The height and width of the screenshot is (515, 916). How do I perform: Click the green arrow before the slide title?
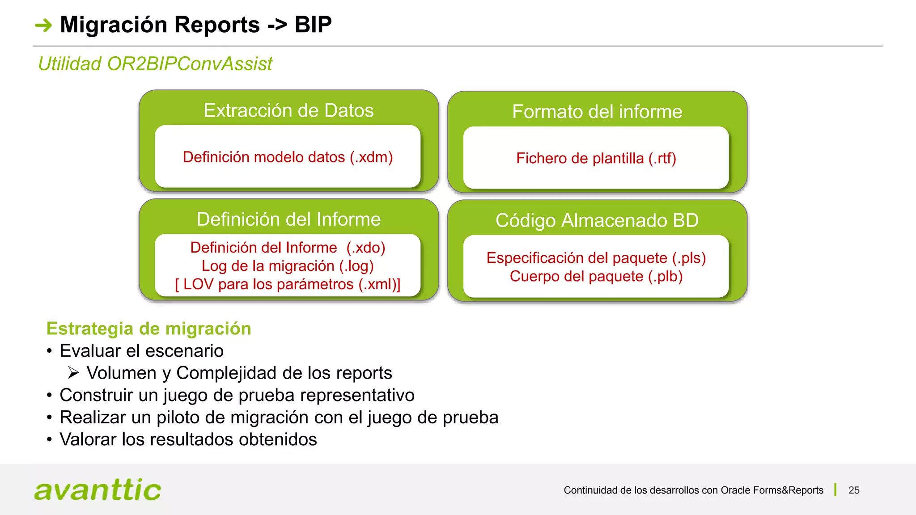[43, 25]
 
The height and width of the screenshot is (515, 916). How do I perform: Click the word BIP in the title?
[313, 25]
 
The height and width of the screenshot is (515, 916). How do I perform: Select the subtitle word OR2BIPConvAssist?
[190, 64]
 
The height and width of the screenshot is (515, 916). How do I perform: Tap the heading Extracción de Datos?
[288, 110]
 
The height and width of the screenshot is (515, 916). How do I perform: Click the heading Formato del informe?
[597, 112]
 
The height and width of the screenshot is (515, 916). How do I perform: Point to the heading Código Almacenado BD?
[597, 220]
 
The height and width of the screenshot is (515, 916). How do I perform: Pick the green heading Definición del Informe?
[288, 220]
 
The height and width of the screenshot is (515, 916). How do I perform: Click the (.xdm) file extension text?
[371, 157]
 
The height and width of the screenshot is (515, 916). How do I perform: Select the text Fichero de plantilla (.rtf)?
[596, 158]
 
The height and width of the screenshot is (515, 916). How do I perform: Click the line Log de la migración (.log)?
[288, 266]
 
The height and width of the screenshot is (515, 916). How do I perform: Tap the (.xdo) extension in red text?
[366, 248]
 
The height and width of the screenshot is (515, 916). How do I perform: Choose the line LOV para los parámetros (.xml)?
[288, 284]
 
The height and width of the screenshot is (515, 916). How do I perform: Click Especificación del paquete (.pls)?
[596, 258]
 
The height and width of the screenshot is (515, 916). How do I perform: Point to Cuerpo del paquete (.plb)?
[596, 276]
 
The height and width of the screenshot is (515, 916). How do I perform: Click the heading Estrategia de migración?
[148, 329]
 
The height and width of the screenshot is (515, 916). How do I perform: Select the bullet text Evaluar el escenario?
[141, 351]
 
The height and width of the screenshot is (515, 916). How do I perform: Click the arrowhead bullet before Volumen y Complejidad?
[73, 372]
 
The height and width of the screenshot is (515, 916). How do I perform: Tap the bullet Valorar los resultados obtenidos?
[188, 439]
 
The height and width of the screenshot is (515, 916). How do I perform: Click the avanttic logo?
[98, 490]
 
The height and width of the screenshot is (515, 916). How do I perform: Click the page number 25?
[853, 490]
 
